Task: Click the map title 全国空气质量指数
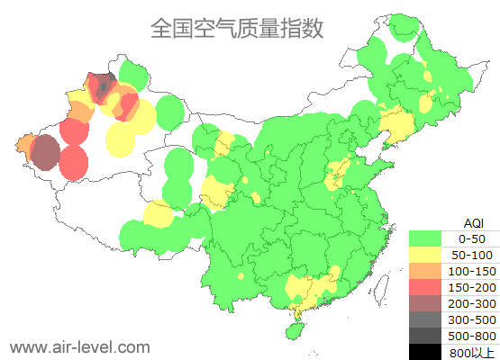pyautogui.click(x=236, y=28)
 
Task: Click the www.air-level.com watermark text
pyautogui.click(x=79, y=346)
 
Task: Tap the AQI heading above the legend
pyautogui.click(x=473, y=222)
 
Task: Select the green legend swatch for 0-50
pyautogui.click(x=430, y=238)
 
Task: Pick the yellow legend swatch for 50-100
pyautogui.click(x=430, y=255)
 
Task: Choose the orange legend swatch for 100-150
pyautogui.click(x=430, y=271)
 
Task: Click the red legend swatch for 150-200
pyautogui.click(x=430, y=287)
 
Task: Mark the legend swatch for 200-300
pyautogui.click(x=430, y=303)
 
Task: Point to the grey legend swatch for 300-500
pyautogui.click(x=430, y=319)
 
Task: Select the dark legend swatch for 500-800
pyautogui.click(x=430, y=336)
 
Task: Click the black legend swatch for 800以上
pyautogui.click(x=430, y=351)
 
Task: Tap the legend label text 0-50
pyautogui.click(x=473, y=238)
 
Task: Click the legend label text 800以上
pyautogui.click(x=473, y=352)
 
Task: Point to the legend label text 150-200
pyautogui.click(x=473, y=287)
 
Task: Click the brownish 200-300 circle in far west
pyautogui.click(x=45, y=153)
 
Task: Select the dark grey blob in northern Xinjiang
pyautogui.click(x=103, y=85)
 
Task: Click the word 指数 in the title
pyautogui.click(x=305, y=28)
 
